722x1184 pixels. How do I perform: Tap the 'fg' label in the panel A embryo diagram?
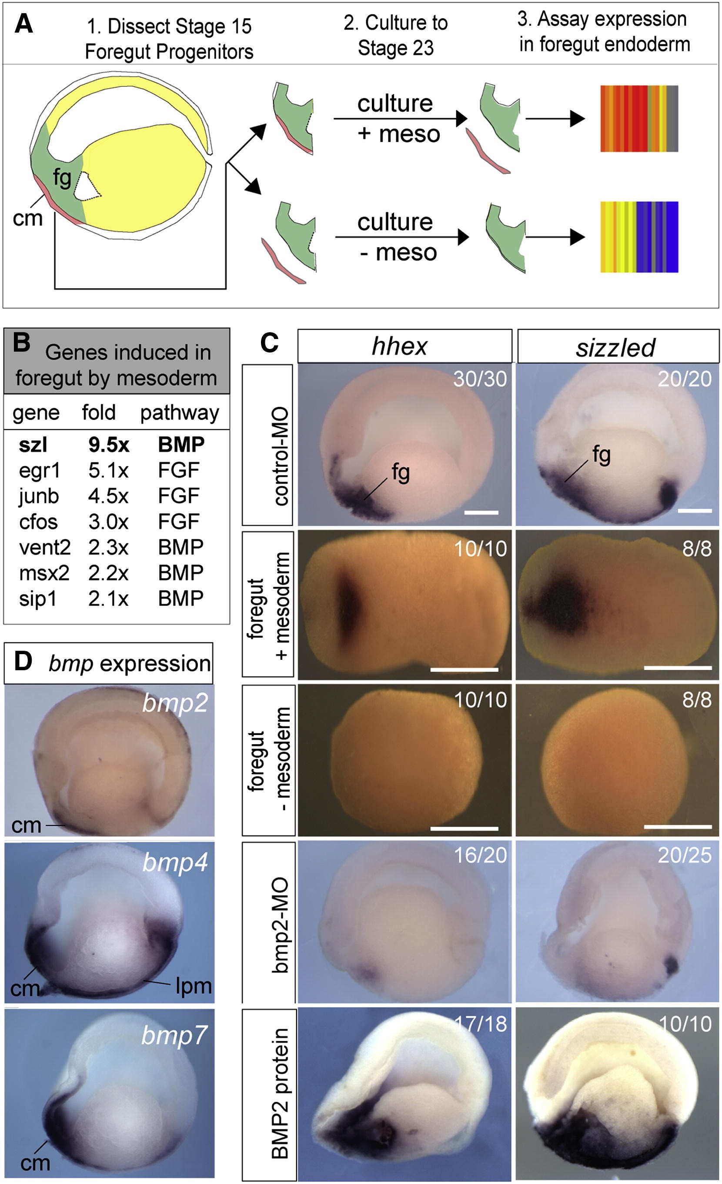point(62,178)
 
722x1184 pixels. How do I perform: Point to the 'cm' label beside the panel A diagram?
point(27,219)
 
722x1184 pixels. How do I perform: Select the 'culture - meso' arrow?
point(401,237)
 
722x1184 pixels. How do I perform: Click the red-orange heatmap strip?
point(639,119)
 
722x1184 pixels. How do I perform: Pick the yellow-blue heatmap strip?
point(639,237)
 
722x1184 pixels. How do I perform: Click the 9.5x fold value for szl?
point(108,445)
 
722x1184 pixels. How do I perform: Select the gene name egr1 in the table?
point(40,470)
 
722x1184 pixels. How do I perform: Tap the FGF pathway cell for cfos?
point(178,522)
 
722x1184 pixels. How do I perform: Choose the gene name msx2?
point(44,573)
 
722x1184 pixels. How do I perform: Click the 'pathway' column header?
point(179,413)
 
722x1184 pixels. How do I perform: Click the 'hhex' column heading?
point(399,346)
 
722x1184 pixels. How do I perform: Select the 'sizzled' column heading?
point(615,347)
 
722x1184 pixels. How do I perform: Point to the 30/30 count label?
point(480,379)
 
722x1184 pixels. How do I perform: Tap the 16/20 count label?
point(480,855)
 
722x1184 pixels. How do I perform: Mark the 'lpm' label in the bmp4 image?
point(193,986)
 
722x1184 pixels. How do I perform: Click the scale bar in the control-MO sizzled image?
point(695,510)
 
